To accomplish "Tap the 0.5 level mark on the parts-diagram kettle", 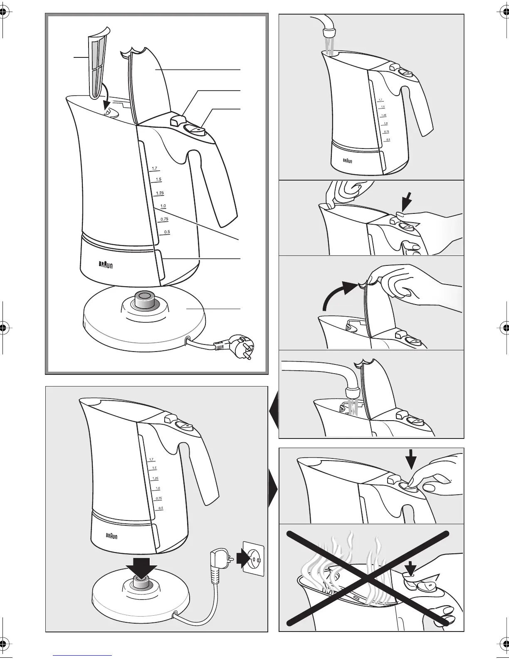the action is pos(166,232).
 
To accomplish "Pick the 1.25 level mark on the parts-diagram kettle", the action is pos(160,193).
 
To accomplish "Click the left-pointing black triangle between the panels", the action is pos(274,411).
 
